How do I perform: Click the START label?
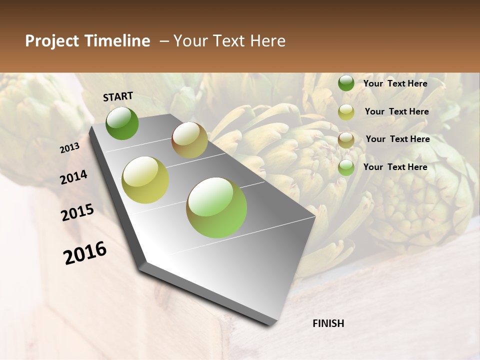click(118, 96)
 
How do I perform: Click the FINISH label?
click(328, 323)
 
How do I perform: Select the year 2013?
click(70, 148)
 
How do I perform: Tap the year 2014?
click(73, 177)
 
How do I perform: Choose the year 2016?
click(85, 253)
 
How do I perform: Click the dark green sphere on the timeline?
click(122, 123)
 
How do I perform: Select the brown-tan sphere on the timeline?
click(189, 140)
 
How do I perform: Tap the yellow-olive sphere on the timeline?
click(145, 180)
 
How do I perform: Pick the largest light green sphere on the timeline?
click(216, 207)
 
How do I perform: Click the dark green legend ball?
click(346, 83)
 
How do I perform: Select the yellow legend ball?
click(346, 112)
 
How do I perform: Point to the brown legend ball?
click(346, 140)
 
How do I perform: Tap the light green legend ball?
click(346, 167)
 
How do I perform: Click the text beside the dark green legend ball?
click(395, 83)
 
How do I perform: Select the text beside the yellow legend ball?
click(396, 111)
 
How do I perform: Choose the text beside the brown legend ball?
click(397, 139)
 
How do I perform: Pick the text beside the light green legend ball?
click(395, 167)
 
